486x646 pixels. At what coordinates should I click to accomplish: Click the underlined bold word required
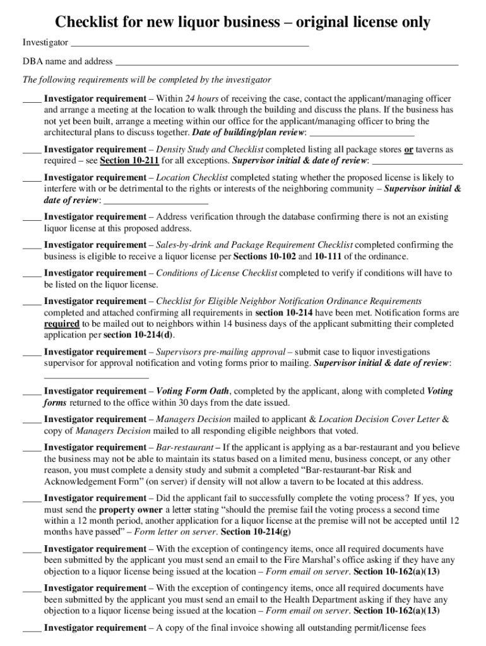(x=61, y=324)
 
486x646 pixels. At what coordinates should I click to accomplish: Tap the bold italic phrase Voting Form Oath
(x=193, y=391)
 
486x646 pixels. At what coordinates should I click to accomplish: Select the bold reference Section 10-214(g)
(x=254, y=532)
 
